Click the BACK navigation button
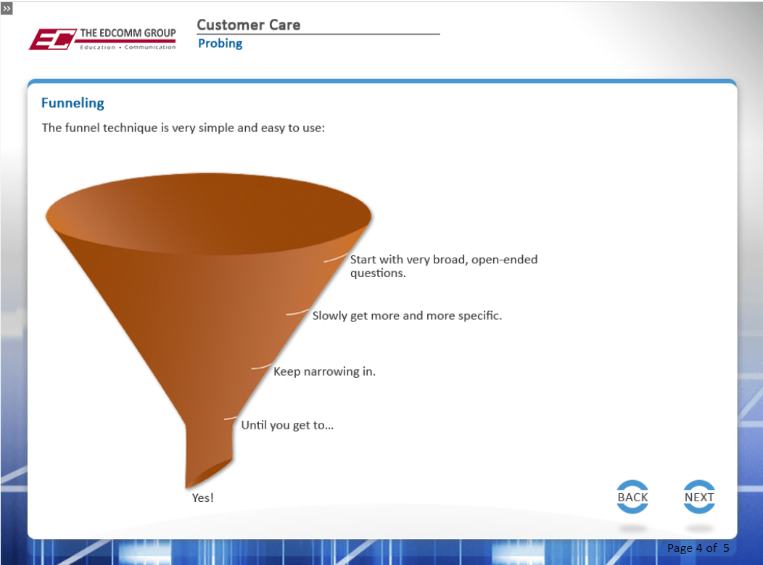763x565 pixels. tap(632, 497)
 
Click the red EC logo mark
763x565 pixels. tap(52, 39)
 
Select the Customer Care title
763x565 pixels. tap(249, 25)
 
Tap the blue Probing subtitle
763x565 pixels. tap(220, 44)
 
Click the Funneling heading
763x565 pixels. tap(73, 103)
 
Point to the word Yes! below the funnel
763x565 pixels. tap(203, 498)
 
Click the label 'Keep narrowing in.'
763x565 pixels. tap(325, 371)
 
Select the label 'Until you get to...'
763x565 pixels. tap(288, 425)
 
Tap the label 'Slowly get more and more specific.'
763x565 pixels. tap(407, 316)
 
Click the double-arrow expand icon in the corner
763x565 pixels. tap(7, 8)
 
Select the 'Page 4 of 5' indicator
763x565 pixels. tap(698, 548)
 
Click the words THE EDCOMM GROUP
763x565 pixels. tap(128, 33)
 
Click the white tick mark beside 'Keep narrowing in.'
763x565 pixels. tap(261, 366)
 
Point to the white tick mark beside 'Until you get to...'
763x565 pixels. tap(230, 418)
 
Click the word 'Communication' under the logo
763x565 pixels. tap(150, 47)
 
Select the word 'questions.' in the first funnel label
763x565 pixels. tap(378, 273)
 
